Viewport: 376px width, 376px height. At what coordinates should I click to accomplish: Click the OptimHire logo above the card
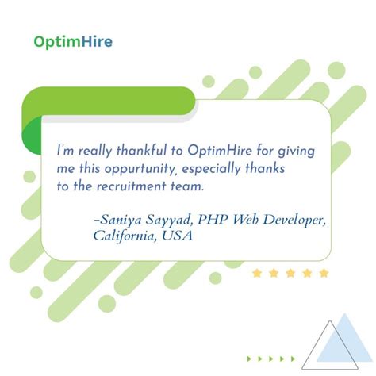[x=72, y=41]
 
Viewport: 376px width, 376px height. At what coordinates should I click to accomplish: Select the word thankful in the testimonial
[x=129, y=151]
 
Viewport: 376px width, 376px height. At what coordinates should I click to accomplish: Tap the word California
[x=124, y=236]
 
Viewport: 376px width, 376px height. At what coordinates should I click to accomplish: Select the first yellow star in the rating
[x=257, y=274]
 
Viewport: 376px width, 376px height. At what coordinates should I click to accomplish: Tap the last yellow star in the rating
[x=324, y=274]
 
